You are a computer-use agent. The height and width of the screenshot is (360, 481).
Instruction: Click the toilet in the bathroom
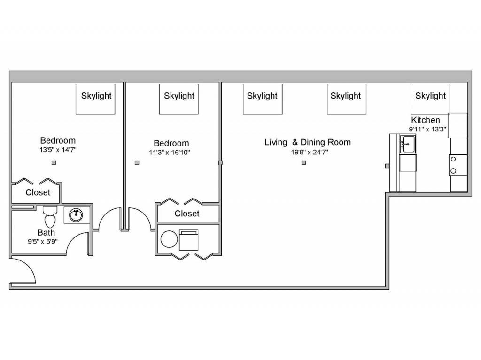[x=50, y=216]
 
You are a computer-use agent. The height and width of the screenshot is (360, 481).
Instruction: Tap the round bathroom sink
[x=76, y=215]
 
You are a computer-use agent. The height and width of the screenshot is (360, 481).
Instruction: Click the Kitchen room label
[x=425, y=120]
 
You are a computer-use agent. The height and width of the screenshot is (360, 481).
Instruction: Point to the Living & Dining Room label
[x=308, y=142]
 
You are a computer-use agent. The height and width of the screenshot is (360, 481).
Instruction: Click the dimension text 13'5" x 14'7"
[x=58, y=150]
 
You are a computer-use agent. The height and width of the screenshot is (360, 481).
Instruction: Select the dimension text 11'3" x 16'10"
[x=170, y=152]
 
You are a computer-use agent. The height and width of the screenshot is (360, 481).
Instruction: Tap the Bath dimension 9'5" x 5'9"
[x=43, y=241]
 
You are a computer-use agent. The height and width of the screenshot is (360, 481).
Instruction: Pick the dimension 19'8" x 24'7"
[x=310, y=152]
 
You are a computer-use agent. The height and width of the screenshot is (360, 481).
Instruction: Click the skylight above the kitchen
[x=430, y=99]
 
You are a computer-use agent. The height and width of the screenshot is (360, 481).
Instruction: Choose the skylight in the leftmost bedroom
[x=95, y=99]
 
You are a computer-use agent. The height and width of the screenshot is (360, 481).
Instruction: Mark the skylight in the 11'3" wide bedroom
[x=178, y=99]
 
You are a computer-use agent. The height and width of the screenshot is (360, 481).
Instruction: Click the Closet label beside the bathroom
[x=38, y=192]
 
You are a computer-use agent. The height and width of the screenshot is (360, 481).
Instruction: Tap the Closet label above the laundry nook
[x=187, y=214]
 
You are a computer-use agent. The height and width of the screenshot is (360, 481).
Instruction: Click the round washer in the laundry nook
[x=169, y=239]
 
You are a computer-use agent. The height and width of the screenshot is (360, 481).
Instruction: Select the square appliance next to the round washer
[x=189, y=240]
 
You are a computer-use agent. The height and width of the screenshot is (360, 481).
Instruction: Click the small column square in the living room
[x=304, y=162]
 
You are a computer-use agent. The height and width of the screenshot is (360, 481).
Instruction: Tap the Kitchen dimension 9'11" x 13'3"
[x=427, y=129]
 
